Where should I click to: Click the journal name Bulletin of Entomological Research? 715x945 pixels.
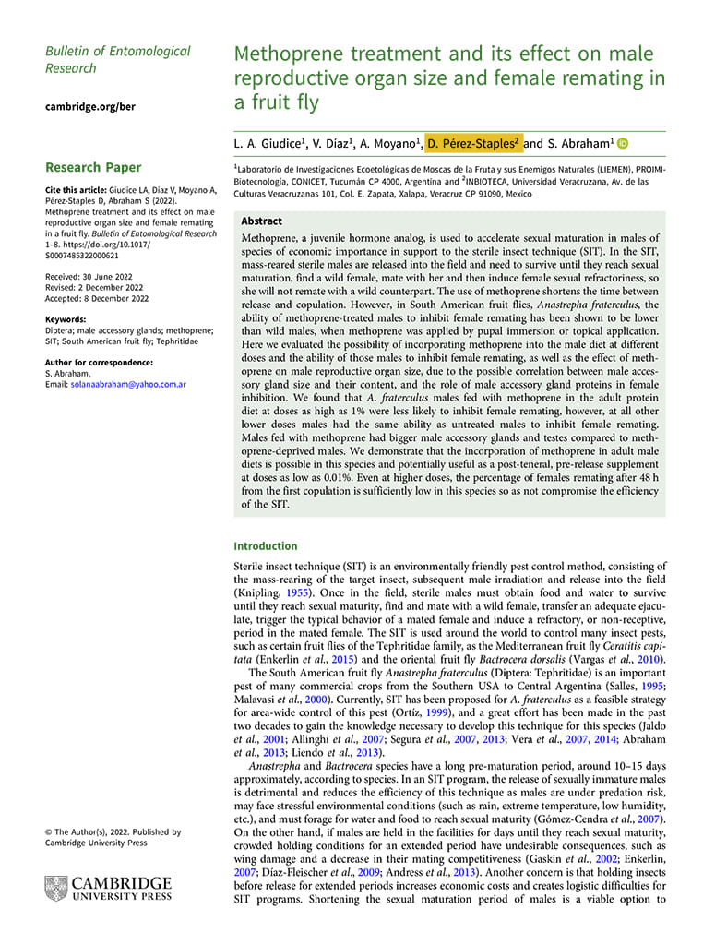point(117,59)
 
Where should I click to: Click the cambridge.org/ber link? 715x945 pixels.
point(90,106)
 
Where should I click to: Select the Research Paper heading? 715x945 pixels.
point(93,167)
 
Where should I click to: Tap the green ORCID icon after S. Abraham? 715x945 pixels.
point(623,142)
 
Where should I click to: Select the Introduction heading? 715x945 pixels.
point(265,545)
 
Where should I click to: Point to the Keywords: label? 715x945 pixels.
point(67,319)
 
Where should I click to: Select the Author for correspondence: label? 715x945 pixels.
point(99,363)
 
